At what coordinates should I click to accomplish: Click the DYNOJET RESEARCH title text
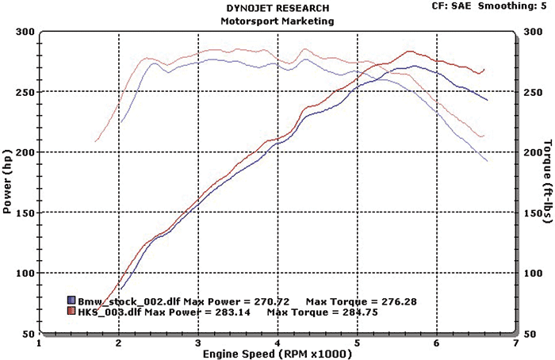tap(277, 9)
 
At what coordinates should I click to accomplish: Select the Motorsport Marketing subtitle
tap(277, 21)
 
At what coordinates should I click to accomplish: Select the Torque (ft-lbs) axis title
tap(547, 179)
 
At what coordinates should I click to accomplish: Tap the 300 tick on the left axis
tap(24, 33)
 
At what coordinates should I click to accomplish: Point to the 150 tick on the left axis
tap(24, 213)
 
